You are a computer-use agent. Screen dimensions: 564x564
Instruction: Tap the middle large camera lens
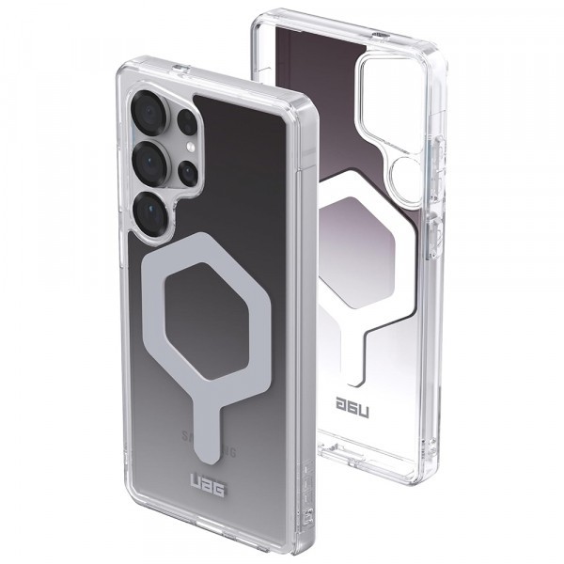pos(150,164)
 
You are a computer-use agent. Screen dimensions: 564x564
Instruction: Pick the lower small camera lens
pos(188,173)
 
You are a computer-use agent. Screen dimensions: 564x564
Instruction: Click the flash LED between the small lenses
pos(188,149)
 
